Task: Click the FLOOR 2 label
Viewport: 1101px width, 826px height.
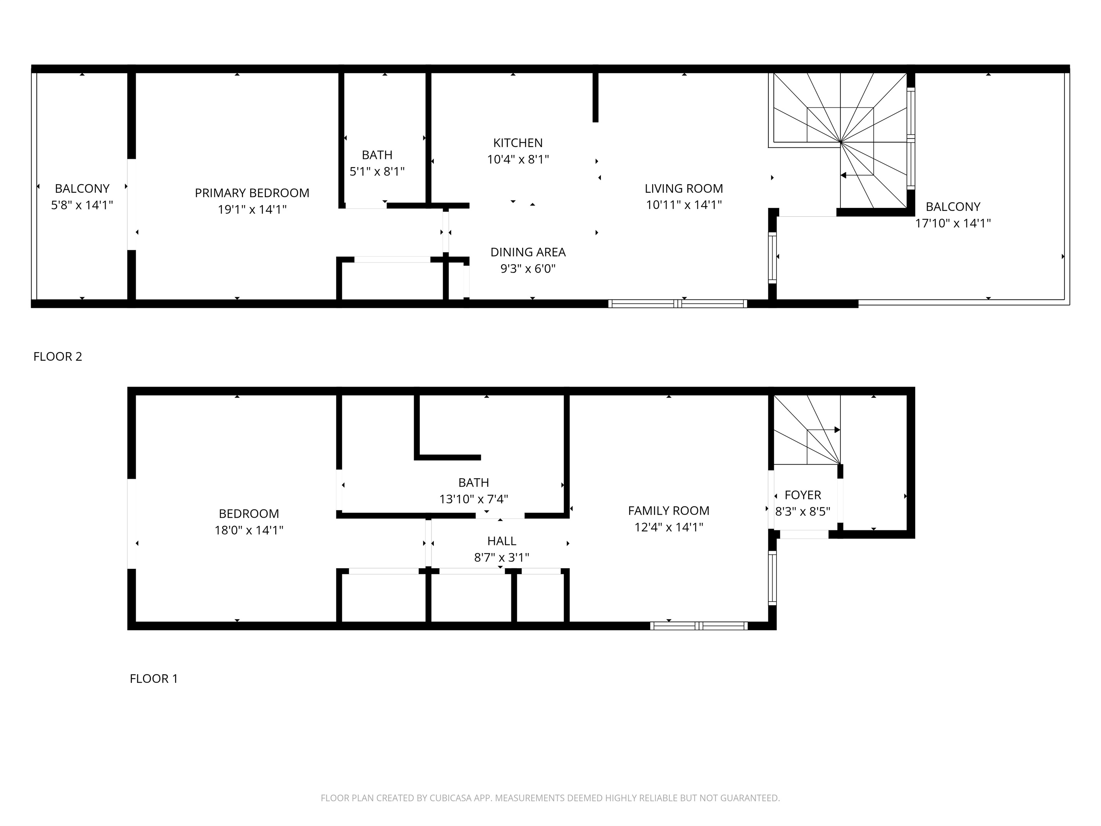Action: click(58, 356)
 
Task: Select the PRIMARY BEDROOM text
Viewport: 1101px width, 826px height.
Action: click(252, 193)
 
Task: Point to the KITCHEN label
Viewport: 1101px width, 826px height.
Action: click(518, 143)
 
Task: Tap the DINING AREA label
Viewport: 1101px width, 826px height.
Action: click(528, 252)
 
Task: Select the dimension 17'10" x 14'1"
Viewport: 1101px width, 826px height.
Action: click(953, 223)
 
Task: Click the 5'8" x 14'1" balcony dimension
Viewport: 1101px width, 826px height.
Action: click(82, 205)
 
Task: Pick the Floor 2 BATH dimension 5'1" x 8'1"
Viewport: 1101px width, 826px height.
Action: click(377, 172)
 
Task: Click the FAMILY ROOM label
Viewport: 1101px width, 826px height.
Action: click(668, 510)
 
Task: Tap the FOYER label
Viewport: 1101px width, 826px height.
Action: click(802, 495)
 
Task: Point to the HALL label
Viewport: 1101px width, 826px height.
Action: click(501, 541)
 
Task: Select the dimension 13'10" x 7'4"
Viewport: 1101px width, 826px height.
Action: click(473, 499)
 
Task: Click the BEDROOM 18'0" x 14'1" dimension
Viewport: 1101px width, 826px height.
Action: click(249, 530)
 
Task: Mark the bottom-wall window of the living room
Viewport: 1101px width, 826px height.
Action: click(677, 304)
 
